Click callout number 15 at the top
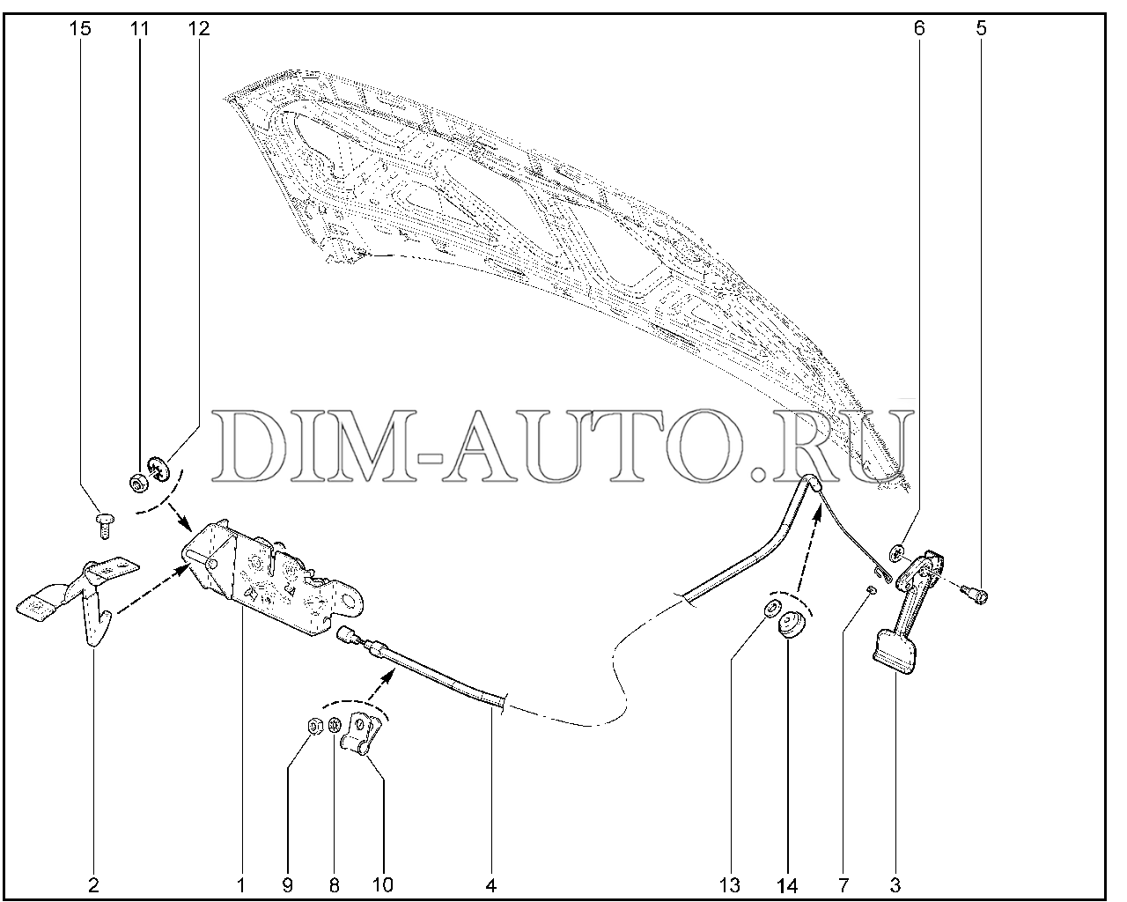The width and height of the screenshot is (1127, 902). coord(80,28)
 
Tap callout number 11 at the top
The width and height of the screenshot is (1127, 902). coord(140,28)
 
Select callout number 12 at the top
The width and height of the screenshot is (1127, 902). coord(199,28)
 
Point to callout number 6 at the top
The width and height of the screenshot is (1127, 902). coord(919,28)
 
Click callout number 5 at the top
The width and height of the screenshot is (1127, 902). coord(981,28)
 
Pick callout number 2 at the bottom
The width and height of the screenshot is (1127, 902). coord(93,885)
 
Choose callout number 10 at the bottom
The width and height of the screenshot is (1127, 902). coord(383,885)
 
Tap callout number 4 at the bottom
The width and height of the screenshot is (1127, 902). coord(490,885)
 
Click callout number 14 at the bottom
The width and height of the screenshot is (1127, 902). coord(787,885)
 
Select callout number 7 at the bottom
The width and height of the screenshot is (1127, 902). coord(843,885)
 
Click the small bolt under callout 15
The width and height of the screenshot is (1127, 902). coord(105,526)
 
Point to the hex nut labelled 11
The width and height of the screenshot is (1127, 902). coord(137,482)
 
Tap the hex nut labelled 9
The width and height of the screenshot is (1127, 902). coord(315,727)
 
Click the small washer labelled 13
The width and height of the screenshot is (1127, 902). coord(770,609)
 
